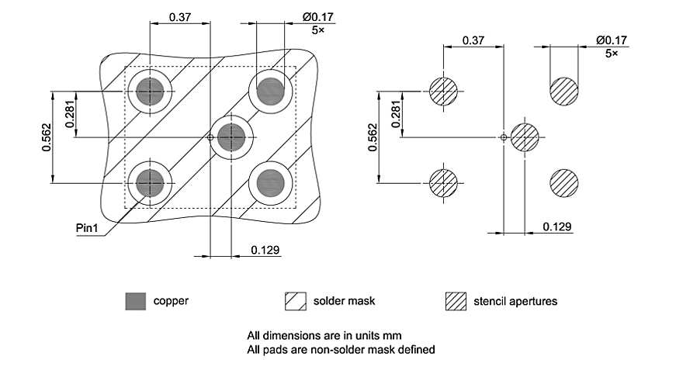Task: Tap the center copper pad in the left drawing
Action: pos(231,137)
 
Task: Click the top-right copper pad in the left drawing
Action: pos(271,92)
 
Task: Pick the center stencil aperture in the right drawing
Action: pos(525,137)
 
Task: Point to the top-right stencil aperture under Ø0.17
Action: pos(564,91)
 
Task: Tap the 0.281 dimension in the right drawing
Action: pos(397,115)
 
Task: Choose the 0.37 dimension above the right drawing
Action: pos(473,40)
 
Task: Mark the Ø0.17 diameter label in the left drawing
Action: pos(302,17)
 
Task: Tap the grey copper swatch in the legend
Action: pos(136,301)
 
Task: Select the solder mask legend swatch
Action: pos(296,301)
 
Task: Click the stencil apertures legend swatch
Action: pos(456,301)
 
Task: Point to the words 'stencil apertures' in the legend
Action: pos(515,301)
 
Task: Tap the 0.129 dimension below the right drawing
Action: pos(557,227)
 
